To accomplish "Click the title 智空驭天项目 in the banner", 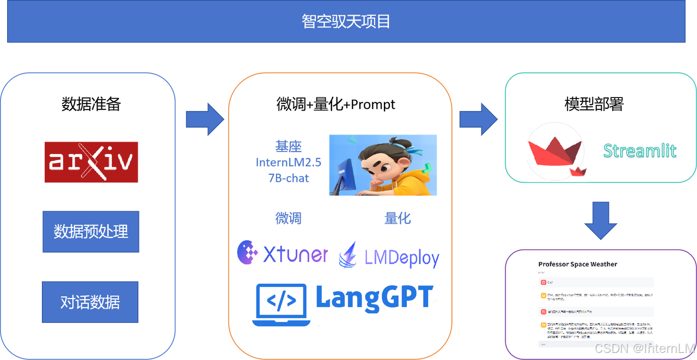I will pyautogui.click(x=346, y=22).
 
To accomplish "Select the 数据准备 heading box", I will pyautogui.click(x=91, y=104).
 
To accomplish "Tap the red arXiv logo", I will pyautogui.click(x=91, y=162).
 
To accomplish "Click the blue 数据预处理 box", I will pyautogui.click(x=91, y=231).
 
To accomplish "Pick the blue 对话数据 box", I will pyautogui.click(x=90, y=302).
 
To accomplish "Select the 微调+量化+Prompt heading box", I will pyautogui.click(x=335, y=104).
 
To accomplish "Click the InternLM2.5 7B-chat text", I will pyautogui.click(x=289, y=162).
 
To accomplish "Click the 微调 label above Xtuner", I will pyautogui.click(x=289, y=218).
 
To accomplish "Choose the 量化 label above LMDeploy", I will pyautogui.click(x=398, y=218).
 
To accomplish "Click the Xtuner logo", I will pyautogui.click(x=283, y=252).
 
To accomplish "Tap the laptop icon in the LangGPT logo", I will pyautogui.click(x=282, y=303).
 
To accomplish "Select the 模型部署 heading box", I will pyautogui.click(x=594, y=104).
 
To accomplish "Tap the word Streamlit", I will pyautogui.click(x=640, y=150).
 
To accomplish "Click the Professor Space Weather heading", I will pyautogui.click(x=578, y=264).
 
